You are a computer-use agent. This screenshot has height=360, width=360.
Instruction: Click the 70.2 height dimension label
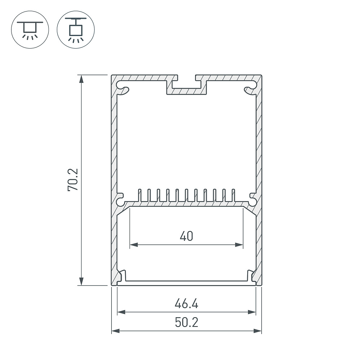click(x=73, y=180)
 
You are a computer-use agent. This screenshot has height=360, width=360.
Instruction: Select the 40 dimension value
click(x=186, y=236)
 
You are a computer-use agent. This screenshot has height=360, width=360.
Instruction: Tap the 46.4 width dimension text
click(x=186, y=304)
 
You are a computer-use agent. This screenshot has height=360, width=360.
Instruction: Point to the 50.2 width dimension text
click(x=186, y=323)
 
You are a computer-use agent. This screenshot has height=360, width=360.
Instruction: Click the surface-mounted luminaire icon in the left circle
click(x=30, y=30)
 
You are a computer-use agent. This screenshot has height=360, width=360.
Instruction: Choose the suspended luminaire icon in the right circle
click(x=76, y=30)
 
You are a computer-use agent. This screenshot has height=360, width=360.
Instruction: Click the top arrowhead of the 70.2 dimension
click(x=81, y=79)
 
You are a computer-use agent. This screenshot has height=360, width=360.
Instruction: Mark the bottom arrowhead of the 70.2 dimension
click(x=81, y=281)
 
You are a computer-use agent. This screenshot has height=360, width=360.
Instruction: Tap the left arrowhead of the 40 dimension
click(x=134, y=245)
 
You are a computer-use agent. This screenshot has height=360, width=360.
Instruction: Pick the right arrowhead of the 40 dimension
click(x=239, y=245)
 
